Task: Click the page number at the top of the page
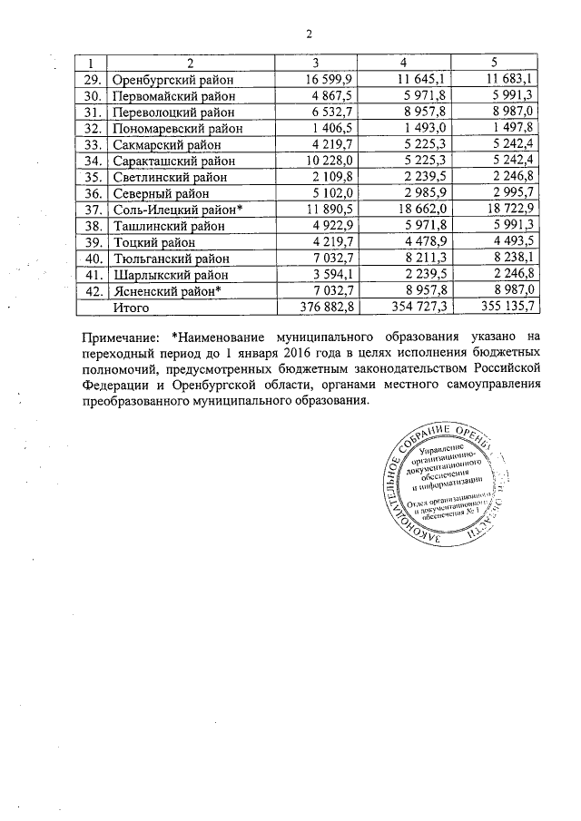(x=308, y=34)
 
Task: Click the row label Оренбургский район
(x=173, y=82)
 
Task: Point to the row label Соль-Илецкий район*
(x=179, y=209)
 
